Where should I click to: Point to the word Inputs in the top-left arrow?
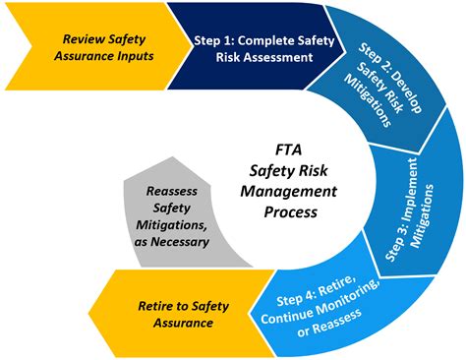coord(135,58)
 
